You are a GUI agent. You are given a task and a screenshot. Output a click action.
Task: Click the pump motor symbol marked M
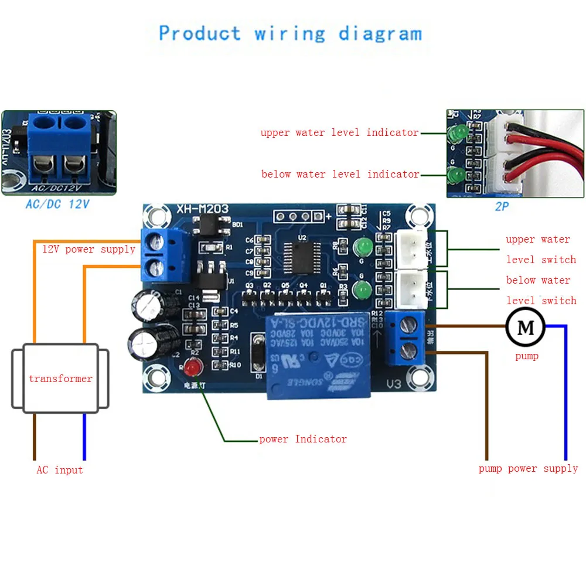pos(526,328)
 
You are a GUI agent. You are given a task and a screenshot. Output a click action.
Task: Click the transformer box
pos(60,379)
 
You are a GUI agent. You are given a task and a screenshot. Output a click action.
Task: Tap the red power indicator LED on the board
pos(192,367)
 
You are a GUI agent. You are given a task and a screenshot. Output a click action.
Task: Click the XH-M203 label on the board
pos(203,209)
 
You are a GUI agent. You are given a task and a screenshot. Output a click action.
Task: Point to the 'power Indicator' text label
pos(303,439)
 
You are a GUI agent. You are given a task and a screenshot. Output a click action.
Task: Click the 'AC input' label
pos(60,470)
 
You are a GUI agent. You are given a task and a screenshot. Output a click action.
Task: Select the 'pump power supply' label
pos(528,469)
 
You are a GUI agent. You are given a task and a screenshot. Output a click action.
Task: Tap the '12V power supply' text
pos(88,249)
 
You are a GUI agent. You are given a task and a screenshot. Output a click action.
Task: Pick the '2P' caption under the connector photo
pos(502,206)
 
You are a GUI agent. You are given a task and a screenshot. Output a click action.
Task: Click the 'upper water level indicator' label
pos(339,132)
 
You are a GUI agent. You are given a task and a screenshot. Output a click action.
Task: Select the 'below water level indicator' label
pos(340,174)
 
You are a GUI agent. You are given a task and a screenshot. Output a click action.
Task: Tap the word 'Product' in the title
pos(200,33)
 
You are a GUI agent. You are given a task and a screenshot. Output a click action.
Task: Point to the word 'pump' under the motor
pos(526,356)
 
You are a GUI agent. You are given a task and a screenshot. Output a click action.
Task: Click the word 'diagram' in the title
pos(380,34)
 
